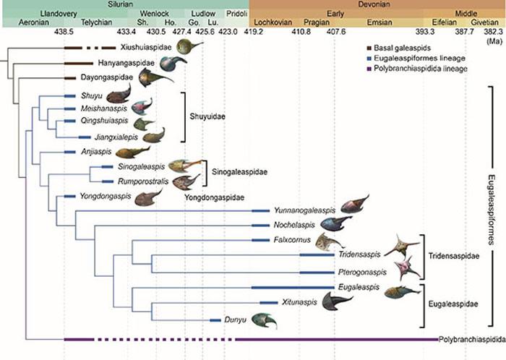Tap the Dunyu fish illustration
[x=264, y=320]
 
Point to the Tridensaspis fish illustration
[x=402, y=246]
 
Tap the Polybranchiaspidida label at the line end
[x=471, y=338]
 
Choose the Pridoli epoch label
[x=236, y=14]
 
